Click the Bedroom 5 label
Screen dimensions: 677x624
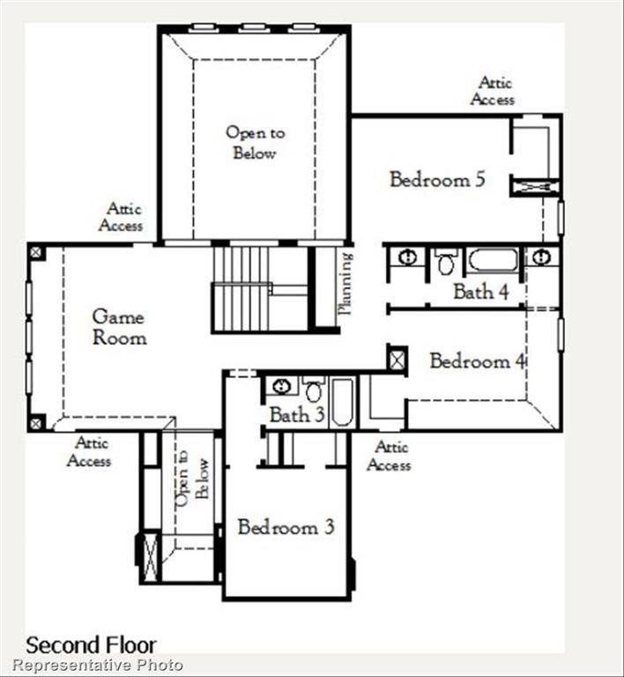coord(437,180)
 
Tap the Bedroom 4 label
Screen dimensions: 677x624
coord(470,361)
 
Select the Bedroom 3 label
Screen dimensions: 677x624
coord(286,527)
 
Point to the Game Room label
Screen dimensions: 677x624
coord(118,326)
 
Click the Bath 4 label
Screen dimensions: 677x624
coord(480,292)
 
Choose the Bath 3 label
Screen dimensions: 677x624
coord(295,414)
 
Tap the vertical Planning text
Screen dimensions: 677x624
coord(345,284)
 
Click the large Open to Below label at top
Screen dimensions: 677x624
coord(255,143)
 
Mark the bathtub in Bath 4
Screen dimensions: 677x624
coord(492,260)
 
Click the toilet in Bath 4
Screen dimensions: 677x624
coord(446,262)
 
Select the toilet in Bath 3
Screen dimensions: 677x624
coord(314,390)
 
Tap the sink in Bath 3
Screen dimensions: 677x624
coord(281,386)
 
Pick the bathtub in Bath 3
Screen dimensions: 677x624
coord(342,403)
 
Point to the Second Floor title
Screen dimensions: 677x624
coord(91,644)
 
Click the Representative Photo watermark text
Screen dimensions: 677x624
coord(98,666)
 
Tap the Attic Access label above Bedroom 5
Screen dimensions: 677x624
coord(493,91)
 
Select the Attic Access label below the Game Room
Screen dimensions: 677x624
coord(89,452)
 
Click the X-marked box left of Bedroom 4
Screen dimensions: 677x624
coord(397,359)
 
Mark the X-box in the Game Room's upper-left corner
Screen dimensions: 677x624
coord(36,252)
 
